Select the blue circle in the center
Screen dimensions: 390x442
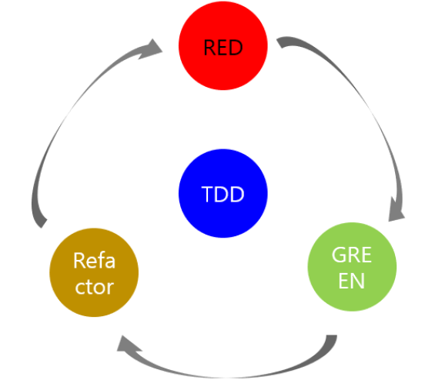point(223,194)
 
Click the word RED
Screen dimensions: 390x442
point(223,48)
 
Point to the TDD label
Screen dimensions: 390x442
point(223,195)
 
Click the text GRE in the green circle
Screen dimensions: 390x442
point(352,256)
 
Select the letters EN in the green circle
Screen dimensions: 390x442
point(352,280)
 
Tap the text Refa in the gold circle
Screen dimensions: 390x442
point(94,261)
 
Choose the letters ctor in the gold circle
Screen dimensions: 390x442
point(94,286)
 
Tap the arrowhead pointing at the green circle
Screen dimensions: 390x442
point(396,209)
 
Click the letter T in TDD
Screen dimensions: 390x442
point(208,195)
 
